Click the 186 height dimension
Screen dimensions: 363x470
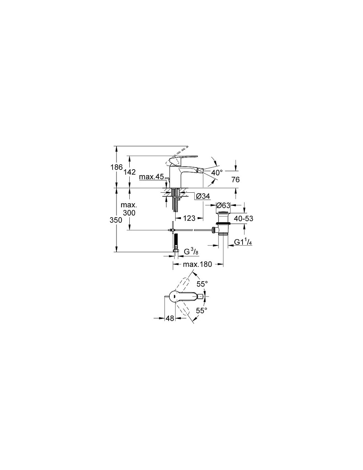point(116,167)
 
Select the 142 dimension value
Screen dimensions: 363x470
point(130,172)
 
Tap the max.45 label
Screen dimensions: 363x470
point(151,177)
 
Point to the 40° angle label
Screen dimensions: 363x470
point(216,173)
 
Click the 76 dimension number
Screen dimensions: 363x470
point(235,179)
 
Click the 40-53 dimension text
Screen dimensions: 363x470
point(244,218)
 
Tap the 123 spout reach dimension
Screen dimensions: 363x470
point(189,218)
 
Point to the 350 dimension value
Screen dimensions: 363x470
point(116,220)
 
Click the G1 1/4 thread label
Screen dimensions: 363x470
point(243,242)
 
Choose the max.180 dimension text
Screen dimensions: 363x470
point(197,264)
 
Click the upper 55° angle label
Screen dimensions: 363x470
point(202,284)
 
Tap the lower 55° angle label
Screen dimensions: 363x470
point(202,311)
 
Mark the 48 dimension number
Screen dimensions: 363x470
point(170,318)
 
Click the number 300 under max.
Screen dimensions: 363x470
point(129,213)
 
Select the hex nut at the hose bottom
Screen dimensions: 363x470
point(176,251)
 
